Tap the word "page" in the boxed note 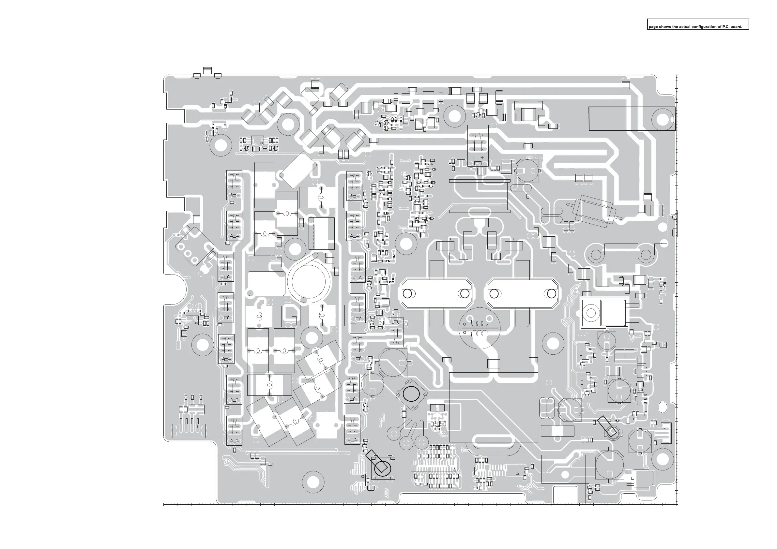coord(653,27)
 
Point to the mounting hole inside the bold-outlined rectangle coord(662,119)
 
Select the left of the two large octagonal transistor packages coord(437,293)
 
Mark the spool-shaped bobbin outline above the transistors coord(480,196)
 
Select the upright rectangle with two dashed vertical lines coord(322,233)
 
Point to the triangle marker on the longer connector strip coord(454,469)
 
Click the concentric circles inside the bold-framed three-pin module coord(591,313)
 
